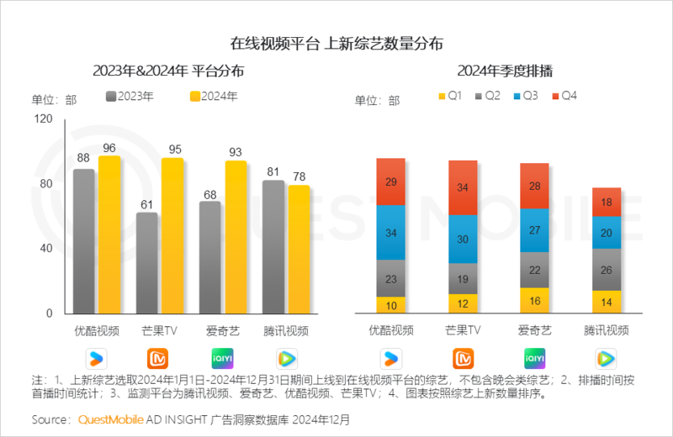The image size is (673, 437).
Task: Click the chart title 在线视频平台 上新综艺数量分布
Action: point(336,42)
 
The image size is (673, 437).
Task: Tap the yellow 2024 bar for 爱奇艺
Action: point(236,237)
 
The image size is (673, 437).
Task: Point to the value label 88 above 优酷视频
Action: point(83,157)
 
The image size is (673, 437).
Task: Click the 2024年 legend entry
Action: point(215,96)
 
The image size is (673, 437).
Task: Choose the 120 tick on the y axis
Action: point(43,119)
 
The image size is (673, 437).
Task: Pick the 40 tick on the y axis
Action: point(47,249)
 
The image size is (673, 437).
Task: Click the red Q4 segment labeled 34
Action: point(463,187)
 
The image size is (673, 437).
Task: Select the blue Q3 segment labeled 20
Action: point(607,233)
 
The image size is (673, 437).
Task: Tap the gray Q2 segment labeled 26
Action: point(607,270)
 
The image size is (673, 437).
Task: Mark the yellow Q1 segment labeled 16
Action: point(534,300)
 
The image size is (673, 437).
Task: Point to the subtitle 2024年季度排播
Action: point(499,70)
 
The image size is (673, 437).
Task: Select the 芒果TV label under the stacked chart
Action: point(463,330)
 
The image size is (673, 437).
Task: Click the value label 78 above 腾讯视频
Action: point(298,174)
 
